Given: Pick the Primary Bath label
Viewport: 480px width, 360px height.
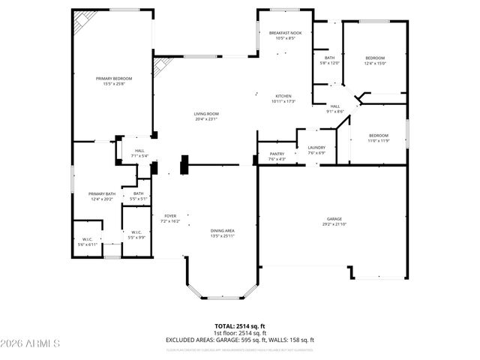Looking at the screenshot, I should (102, 196).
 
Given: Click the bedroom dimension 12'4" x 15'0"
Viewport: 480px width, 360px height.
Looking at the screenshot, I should (375, 63).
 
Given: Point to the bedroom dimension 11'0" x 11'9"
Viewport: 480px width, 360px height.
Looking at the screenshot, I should (378, 140).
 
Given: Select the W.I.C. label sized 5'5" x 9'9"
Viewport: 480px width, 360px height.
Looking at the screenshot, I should (136, 235).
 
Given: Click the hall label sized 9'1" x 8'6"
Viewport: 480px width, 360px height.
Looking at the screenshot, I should (335, 109).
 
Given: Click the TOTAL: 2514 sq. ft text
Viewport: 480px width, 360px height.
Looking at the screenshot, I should (240, 326).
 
